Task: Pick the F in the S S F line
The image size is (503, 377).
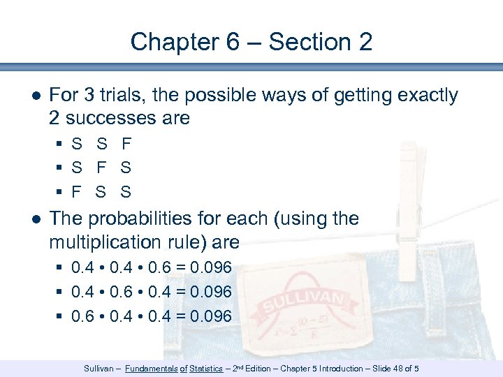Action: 126,145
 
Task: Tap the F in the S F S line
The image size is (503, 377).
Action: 101,168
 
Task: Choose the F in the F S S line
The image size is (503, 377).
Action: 77,192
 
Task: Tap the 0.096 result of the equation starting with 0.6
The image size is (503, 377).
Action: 210,316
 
